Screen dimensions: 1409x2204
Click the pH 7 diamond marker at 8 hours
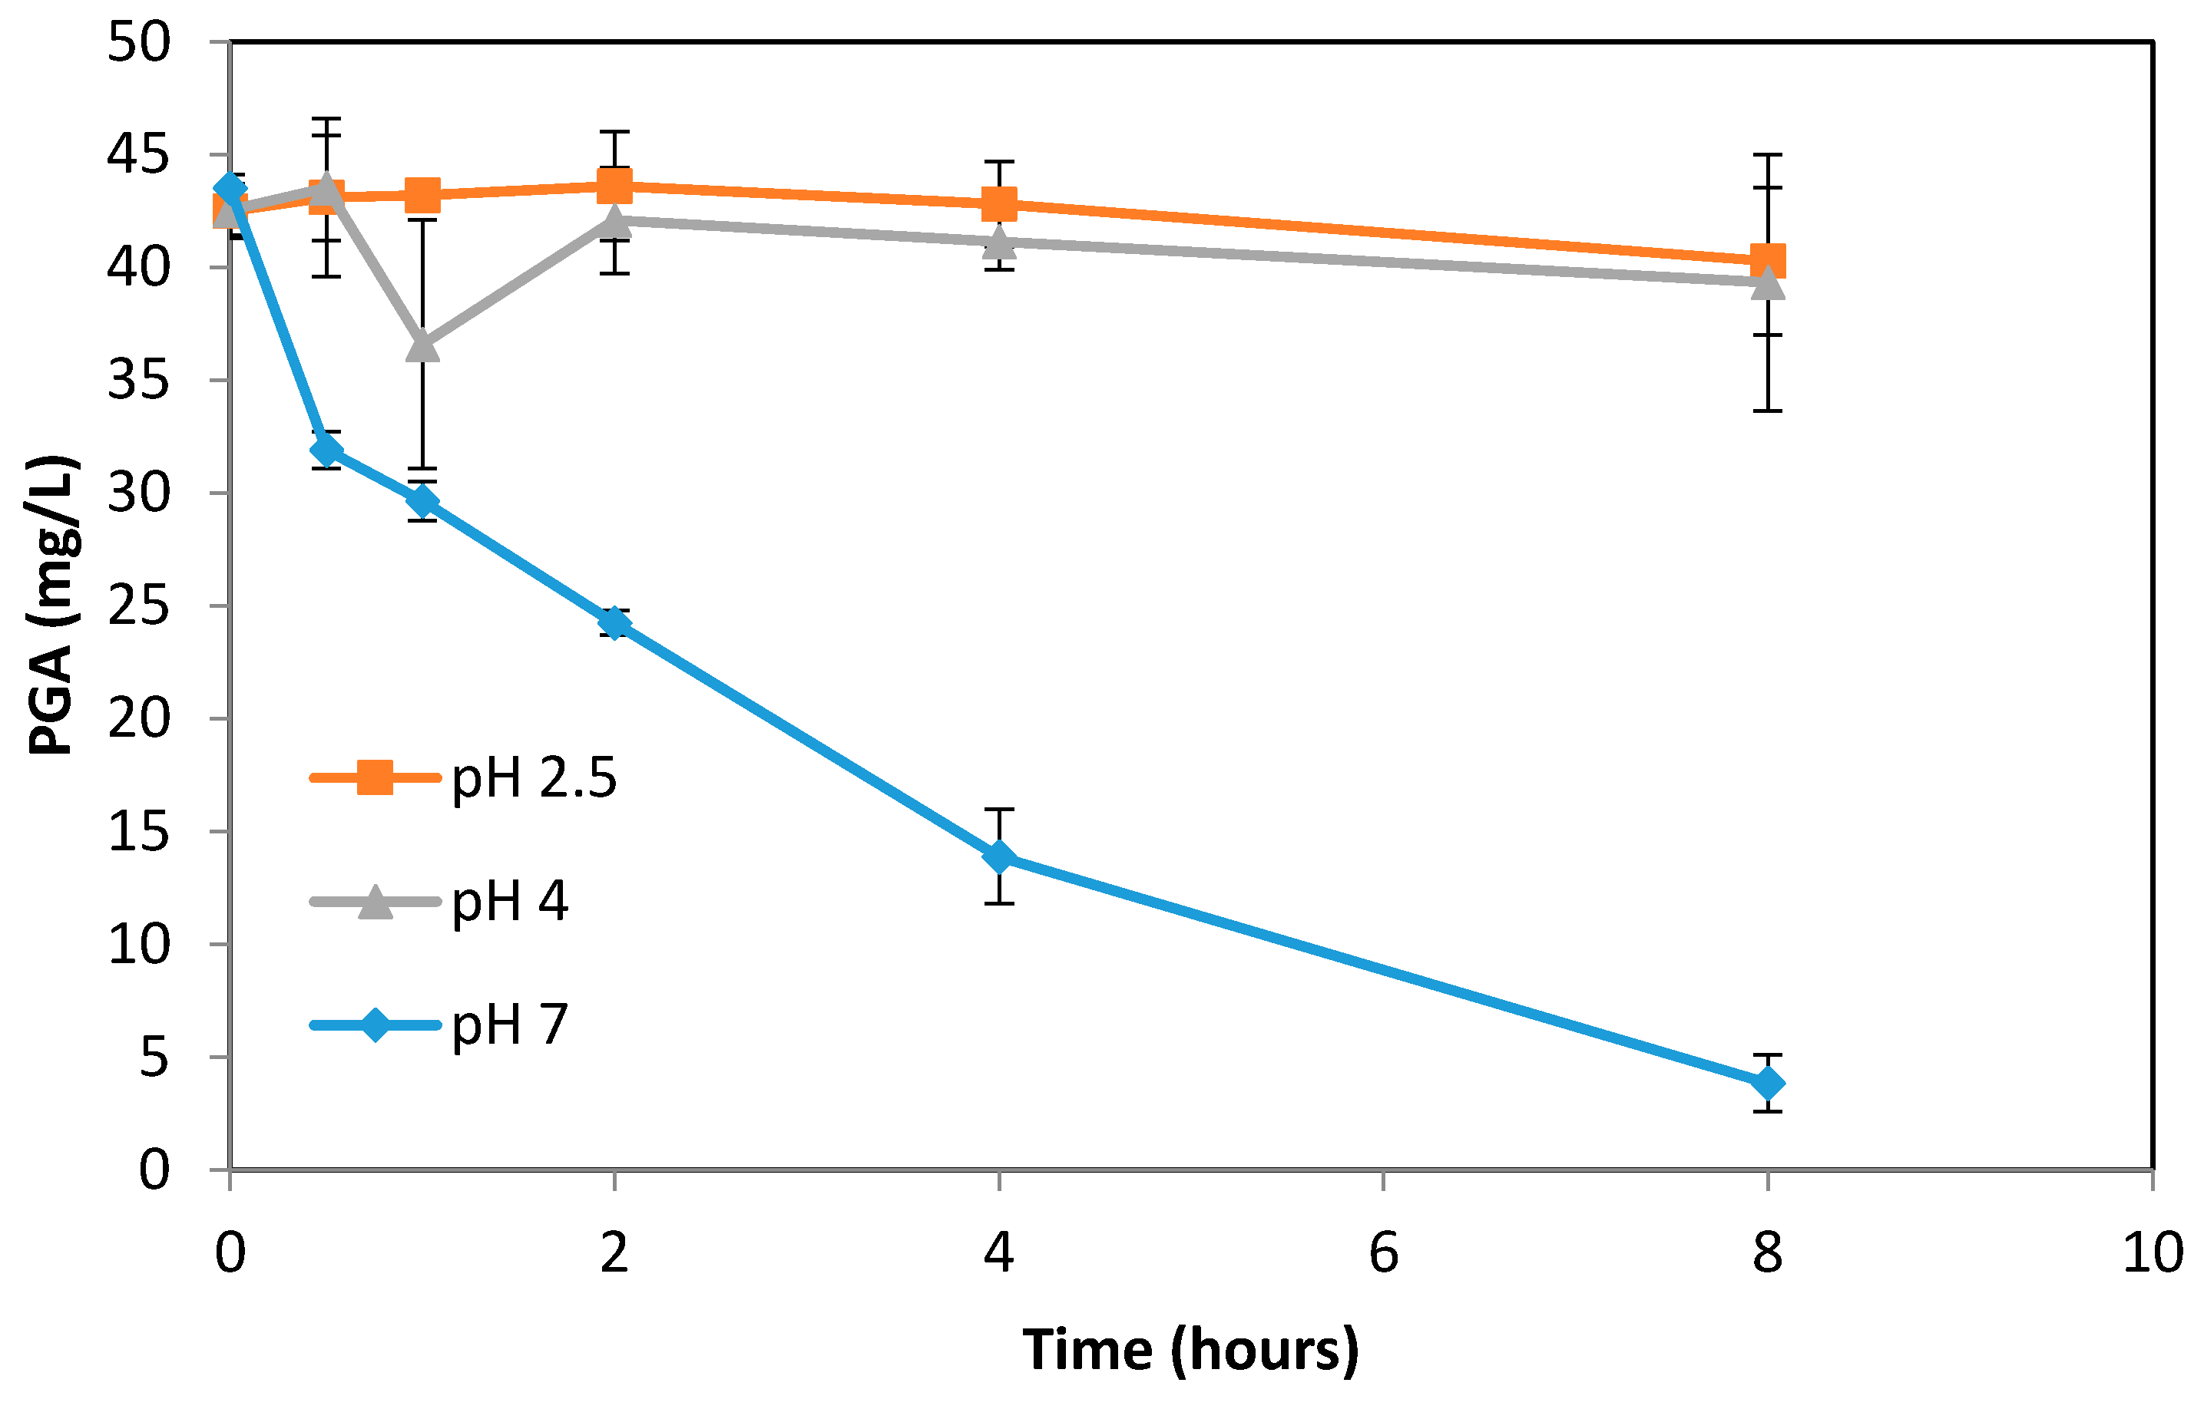[x=1767, y=1084]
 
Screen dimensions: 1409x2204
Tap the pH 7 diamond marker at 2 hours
[x=614, y=623]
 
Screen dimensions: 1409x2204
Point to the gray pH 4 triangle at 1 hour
[x=422, y=347]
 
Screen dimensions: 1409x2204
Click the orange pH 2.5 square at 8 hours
[x=1767, y=261]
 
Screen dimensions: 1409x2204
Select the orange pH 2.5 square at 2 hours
[x=614, y=186]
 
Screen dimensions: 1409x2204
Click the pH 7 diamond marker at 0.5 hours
[x=326, y=450]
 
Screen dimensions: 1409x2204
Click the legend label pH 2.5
[x=534, y=779]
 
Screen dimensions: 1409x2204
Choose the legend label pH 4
[x=510, y=901]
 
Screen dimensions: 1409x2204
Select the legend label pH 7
[x=510, y=1024]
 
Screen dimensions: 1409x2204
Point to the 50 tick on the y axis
[x=138, y=42]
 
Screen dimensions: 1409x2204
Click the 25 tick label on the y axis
[x=138, y=606]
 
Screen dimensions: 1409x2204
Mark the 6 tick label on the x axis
[x=1383, y=1252]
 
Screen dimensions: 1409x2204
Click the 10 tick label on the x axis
[x=2152, y=1252]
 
